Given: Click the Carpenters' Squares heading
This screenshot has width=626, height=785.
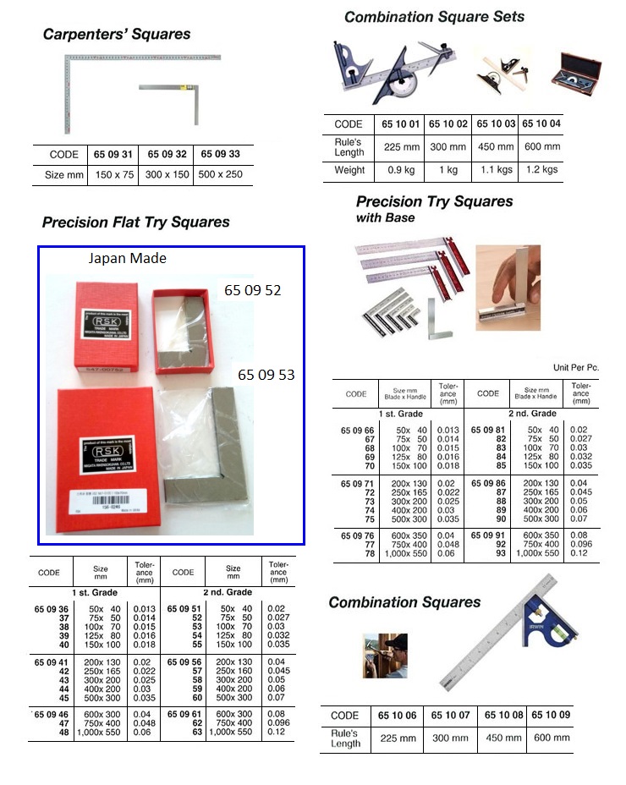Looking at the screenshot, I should click(117, 35).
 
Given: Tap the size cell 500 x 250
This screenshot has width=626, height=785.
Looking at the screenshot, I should click(220, 175).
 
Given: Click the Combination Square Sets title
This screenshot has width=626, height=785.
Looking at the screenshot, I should click(434, 17).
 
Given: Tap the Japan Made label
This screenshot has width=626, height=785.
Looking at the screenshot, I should click(127, 259).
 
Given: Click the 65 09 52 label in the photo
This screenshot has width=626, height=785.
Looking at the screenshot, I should click(252, 290).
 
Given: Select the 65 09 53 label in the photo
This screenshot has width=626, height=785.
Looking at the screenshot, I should click(266, 374).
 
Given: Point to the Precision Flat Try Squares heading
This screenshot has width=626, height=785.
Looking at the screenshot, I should click(135, 222).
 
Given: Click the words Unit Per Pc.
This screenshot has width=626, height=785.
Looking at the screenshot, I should click(575, 368).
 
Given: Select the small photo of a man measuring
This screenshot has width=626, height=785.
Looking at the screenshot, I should click(384, 655).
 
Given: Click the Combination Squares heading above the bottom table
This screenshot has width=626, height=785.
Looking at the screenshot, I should click(404, 602).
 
